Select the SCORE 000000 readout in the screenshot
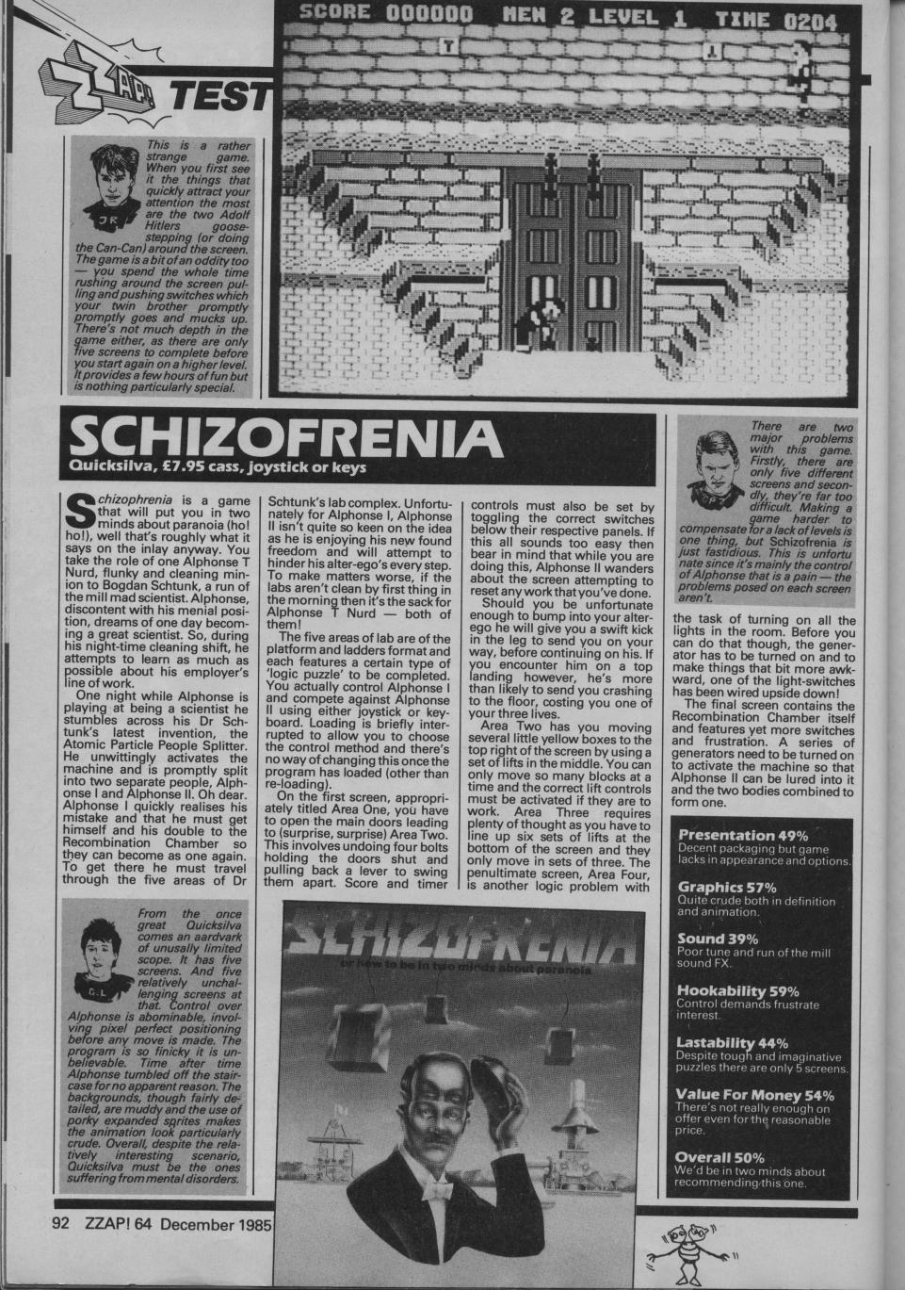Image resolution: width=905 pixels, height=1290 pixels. tap(386, 16)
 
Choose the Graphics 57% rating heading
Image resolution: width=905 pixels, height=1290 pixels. tap(727, 887)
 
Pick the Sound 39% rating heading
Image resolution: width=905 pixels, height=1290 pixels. tap(719, 939)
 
